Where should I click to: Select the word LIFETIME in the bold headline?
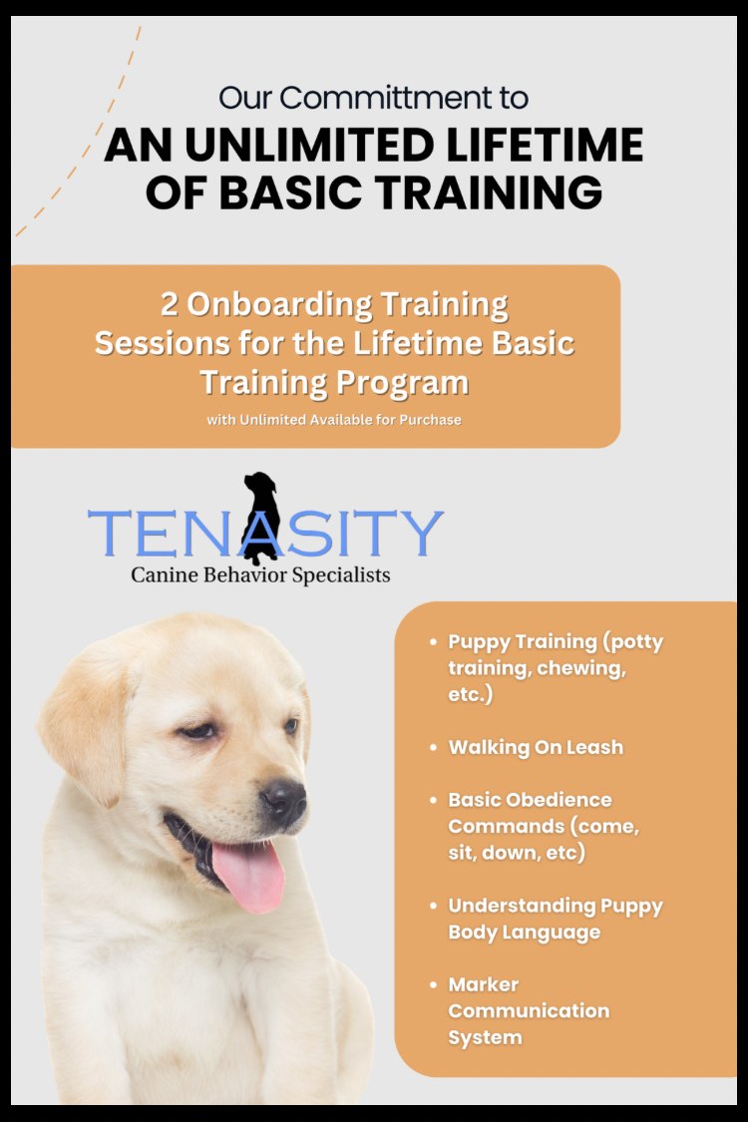click(x=545, y=145)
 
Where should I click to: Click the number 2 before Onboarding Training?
click(x=169, y=304)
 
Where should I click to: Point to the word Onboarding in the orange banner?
click(x=279, y=305)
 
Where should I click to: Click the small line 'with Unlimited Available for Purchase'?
click(x=334, y=420)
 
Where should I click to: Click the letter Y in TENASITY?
click(x=420, y=534)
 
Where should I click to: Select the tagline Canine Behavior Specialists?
click(x=260, y=575)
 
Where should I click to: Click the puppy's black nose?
click(x=284, y=801)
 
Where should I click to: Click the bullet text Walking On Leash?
click(x=536, y=748)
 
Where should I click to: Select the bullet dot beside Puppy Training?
click(x=433, y=642)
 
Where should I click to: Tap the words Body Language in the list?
click(x=524, y=934)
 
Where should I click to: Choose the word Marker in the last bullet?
click(x=483, y=985)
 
